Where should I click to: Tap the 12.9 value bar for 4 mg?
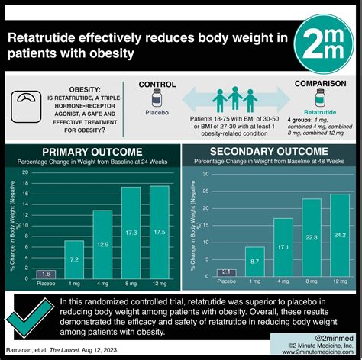click(x=102, y=245)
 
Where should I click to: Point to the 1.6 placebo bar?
click(x=46, y=274)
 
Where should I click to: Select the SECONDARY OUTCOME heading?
click(x=271, y=150)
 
